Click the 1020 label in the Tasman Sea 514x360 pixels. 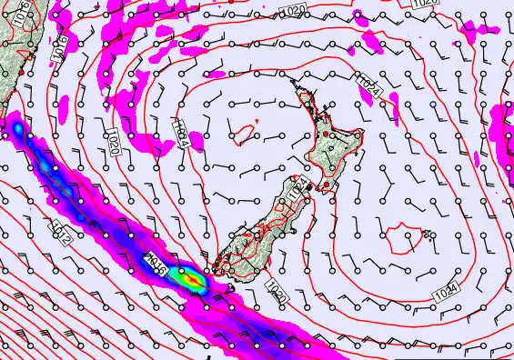click(114, 141)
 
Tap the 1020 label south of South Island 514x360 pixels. click(277, 289)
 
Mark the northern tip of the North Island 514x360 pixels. click(294, 81)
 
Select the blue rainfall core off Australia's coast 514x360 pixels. click(18, 133)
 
